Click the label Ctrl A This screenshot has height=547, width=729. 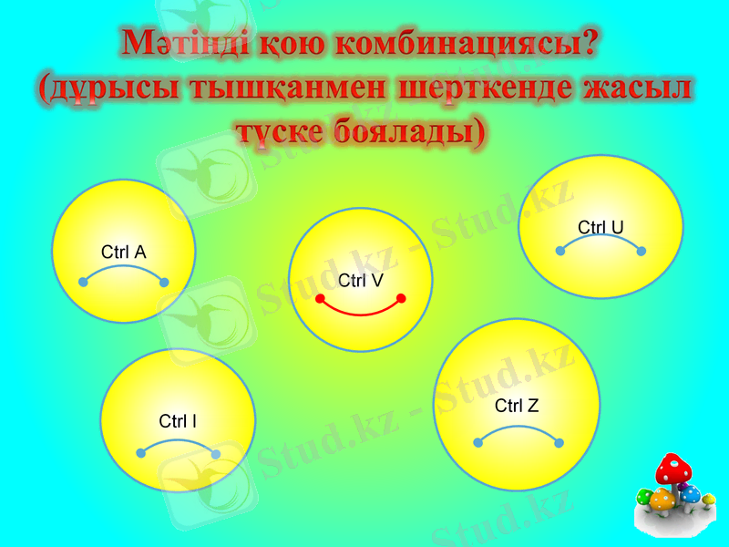(124, 253)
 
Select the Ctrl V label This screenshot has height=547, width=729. (360, 281)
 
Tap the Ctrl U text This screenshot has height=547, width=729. (601, 227)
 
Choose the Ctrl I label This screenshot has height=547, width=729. (178, 421)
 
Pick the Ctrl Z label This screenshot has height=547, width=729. (517, 406)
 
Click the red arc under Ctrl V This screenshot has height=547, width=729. (361, 314)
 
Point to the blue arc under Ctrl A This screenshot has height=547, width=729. (124, 269)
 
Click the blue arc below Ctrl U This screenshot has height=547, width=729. (601, 239)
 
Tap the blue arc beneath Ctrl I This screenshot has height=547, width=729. (178, 441)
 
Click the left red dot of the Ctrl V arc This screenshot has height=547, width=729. (320, 299)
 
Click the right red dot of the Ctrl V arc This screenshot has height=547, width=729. (401, 298)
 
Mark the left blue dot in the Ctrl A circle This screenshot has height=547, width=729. (83, 282)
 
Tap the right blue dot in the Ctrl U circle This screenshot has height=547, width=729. (641, 251)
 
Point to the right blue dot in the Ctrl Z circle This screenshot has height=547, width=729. (559, 443)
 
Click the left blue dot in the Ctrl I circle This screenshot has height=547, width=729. (140, 453)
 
